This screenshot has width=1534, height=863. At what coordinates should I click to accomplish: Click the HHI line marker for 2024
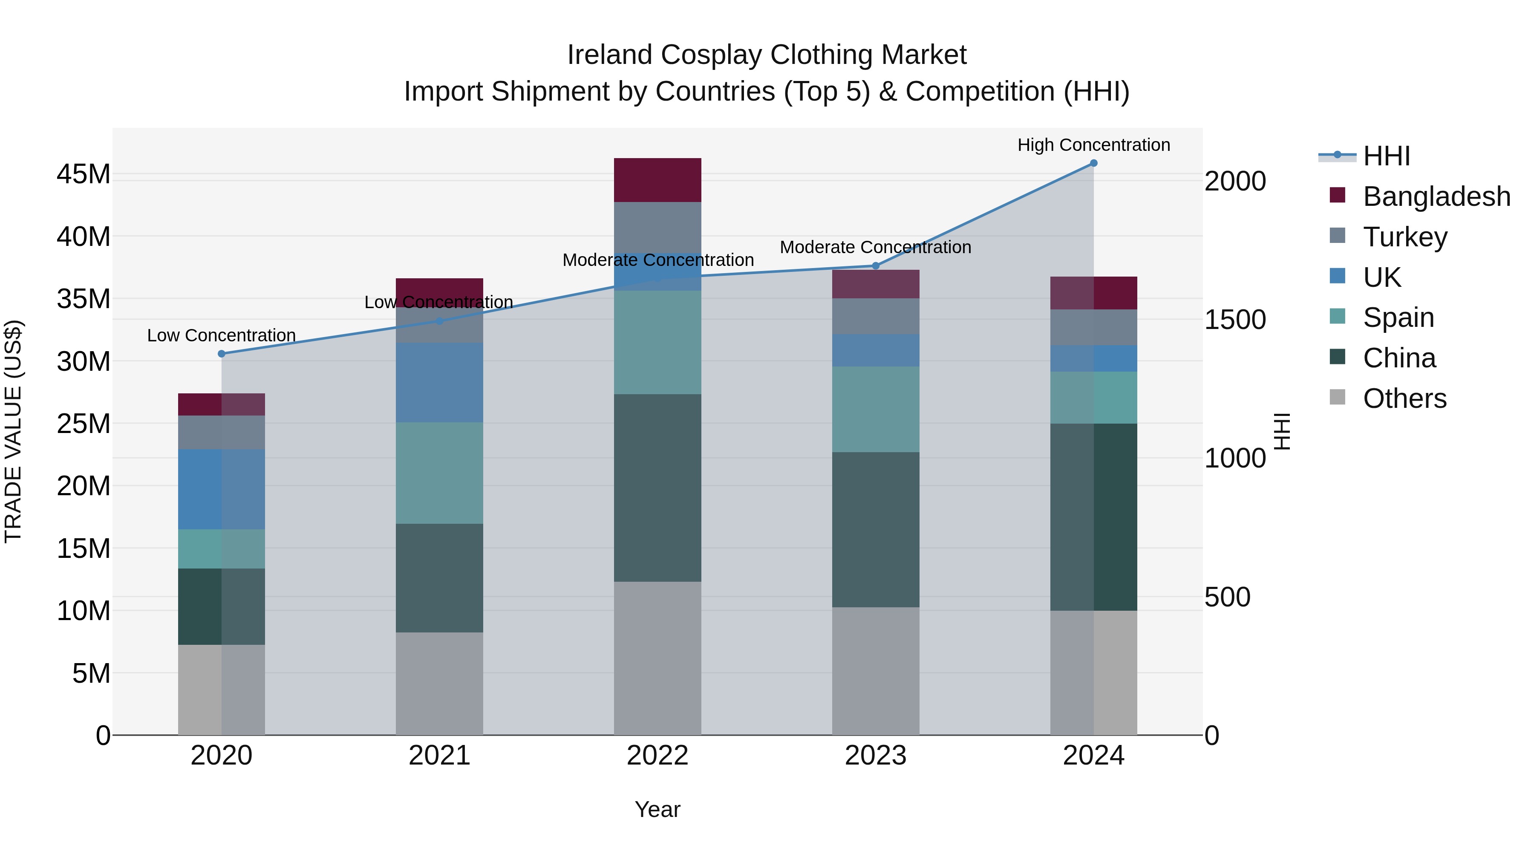tap(1093, 163)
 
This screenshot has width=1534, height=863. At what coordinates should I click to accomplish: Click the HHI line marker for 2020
tap(222, 354)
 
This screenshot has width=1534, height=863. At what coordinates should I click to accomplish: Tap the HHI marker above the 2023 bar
tap(875, 266)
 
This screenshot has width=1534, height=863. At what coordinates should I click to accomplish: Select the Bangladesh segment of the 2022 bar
tap(657, 180)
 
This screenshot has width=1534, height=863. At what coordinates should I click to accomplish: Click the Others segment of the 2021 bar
tap(439, 683)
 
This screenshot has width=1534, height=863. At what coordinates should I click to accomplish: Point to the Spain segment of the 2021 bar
tap(439, 473)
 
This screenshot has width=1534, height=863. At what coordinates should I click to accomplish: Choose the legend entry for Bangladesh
tap(1436, 196)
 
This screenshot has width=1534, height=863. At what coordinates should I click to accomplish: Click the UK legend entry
tap(1381, 277)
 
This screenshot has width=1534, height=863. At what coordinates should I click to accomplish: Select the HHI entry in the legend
tap(1386, 156)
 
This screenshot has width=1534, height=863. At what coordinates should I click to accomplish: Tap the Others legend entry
tap(1404, 398)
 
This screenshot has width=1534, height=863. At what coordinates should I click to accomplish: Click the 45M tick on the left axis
tap(84, 174)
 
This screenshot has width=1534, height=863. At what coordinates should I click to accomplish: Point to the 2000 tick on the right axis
tap(1235, 182)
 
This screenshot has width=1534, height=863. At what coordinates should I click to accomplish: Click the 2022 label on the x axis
tap(657, 756)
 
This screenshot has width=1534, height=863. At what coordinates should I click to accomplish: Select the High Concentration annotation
tap(1093, 145)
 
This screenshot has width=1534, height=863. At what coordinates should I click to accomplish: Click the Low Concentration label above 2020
tap(222, 335)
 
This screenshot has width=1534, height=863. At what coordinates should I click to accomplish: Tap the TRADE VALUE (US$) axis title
tap(13, 431)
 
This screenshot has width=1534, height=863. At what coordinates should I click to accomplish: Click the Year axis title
tap(657, 809)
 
